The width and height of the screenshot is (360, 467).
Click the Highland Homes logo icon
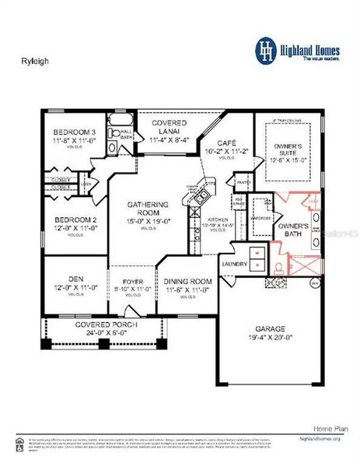(267, 49)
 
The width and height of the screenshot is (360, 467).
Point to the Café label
(226, 144)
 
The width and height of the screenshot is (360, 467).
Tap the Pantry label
(243, 184)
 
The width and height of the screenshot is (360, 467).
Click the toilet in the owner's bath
(278, 267)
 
